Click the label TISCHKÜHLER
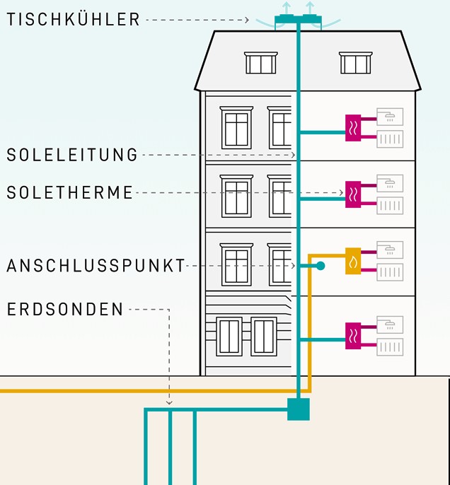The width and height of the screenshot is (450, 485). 74,19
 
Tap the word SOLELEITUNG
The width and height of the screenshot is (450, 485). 72,155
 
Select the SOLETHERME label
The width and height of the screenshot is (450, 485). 70,192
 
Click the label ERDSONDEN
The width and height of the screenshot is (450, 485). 65,309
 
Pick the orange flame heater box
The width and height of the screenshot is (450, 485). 353,260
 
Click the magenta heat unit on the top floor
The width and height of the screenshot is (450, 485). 353,127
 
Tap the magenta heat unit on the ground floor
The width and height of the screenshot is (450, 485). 353,334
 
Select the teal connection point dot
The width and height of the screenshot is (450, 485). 321,266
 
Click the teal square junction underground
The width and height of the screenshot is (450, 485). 299,409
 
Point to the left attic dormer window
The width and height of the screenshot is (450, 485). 261,63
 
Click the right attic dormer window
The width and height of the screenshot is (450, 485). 354,63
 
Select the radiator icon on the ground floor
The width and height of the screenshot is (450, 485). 390,347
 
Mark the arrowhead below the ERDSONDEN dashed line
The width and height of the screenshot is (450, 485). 169,403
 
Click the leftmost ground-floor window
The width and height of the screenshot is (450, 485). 229,337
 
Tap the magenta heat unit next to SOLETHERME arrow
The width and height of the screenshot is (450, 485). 353,193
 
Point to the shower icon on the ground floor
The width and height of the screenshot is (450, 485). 390,325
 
